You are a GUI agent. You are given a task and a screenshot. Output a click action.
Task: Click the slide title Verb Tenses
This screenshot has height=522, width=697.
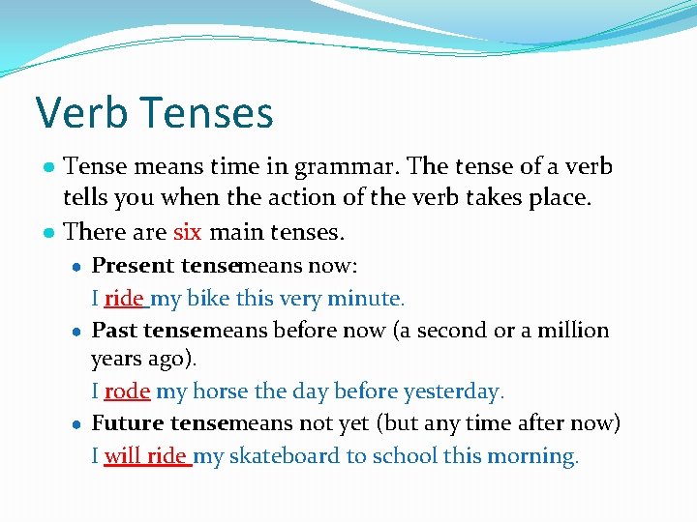[155, 113]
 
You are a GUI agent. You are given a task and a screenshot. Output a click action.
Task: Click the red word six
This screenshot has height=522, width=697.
[187, 232]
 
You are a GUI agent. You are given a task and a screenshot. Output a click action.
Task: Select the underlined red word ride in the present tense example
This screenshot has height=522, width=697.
[123, 299]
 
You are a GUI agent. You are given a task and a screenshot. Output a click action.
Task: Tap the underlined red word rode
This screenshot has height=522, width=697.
[126, 391]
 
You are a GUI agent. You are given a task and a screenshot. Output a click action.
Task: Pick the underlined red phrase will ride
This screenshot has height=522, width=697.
[145, 455]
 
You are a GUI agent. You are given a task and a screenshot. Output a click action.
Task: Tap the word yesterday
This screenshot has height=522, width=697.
[455, 391]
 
